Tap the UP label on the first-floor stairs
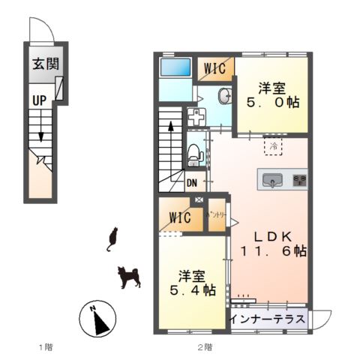(x=38, y=100)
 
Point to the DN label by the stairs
(x=191, y=182)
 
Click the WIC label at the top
(x=215, y=67)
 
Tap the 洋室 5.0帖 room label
(x=275, y=94)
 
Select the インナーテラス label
(x=267, y=319)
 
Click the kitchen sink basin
(x=272, y=179)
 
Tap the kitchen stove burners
(x=298, y=179)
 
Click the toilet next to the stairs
(x=195, y=154)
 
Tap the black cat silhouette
(x=113, y=238)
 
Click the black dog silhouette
(x=129, y=277)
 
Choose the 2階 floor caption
(x=205, y=347)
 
